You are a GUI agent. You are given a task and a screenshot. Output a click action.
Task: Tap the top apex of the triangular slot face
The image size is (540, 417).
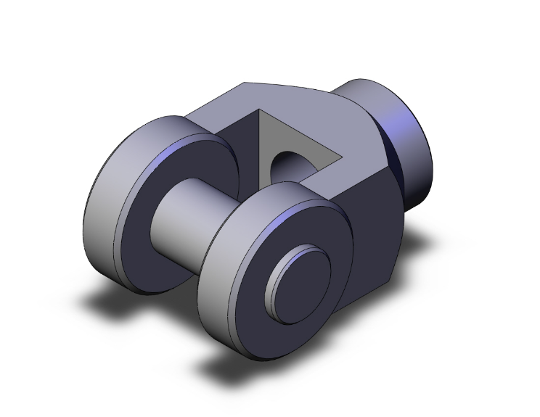point(259,111)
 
